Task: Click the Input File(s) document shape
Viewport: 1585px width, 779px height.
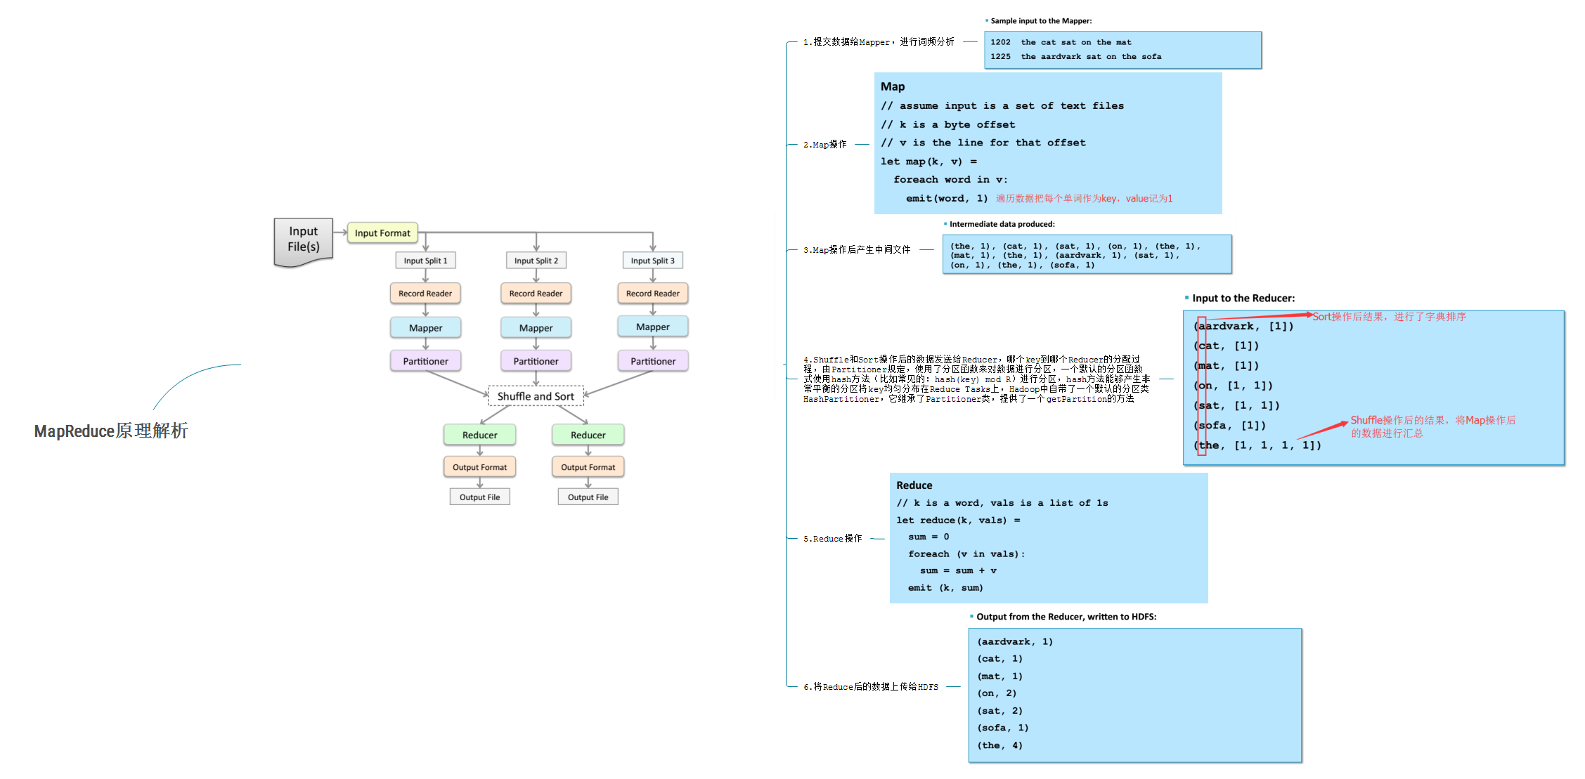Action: (304, 240)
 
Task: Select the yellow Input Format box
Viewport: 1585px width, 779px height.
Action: (382, 233)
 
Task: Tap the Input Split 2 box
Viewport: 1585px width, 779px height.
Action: (536, 261)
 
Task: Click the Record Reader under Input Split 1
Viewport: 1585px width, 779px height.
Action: (425, 294)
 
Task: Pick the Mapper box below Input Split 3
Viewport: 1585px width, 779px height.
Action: (652, 327)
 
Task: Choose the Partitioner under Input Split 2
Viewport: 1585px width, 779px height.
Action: (536, 361)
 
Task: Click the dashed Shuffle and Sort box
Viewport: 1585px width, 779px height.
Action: (536, 396)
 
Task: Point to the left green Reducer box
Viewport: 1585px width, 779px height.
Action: (479, 435)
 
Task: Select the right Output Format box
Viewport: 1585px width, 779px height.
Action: (588, 467)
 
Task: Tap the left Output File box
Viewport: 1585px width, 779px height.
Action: (479, 497)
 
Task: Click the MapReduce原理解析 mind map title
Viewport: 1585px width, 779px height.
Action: (111, 431)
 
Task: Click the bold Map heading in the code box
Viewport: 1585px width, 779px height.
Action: (893, 86)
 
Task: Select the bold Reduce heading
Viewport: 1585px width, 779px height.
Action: (914, 485)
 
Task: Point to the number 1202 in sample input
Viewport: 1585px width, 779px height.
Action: (1000, 42)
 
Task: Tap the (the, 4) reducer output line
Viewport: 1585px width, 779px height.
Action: (999, 745)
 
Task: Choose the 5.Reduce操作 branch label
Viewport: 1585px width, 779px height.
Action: (832, 539)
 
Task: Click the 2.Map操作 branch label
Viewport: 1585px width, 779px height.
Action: (824, 145)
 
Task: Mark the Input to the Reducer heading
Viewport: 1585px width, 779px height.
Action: (1243, 298)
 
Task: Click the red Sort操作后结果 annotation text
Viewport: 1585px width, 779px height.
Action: (1389, 317)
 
